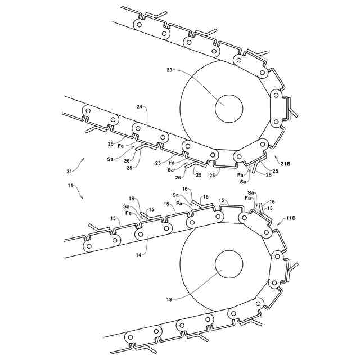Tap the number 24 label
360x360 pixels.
click(x=139, y=106)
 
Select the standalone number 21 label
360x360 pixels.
click(x=69, y=170)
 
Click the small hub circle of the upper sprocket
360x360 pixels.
click(x=229, y=107)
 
